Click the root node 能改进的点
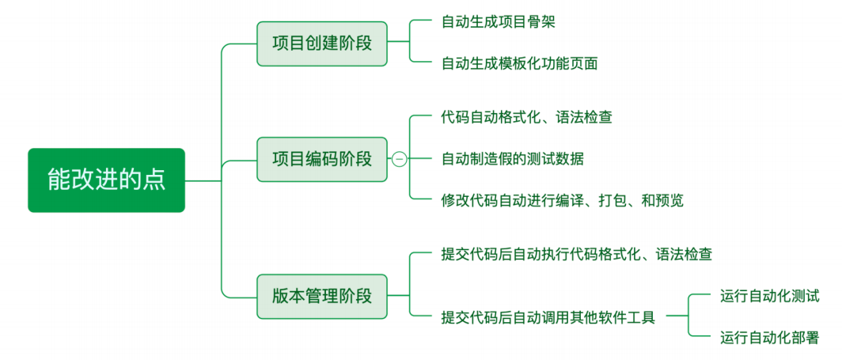[106, 180]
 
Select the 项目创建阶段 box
[322, 44]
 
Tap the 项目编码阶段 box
[322, 159]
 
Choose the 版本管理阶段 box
[322, 297]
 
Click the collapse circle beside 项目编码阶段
[400, 159]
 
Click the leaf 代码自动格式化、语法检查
[526, 117]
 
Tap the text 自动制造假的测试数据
[512, 159]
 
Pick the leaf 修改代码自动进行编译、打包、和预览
[562, 201]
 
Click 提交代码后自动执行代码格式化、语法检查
[576, 255]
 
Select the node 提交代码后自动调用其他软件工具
[548, 318]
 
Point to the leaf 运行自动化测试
[769, 297]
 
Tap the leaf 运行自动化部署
[769, 339]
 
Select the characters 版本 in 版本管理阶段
[286, 297]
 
